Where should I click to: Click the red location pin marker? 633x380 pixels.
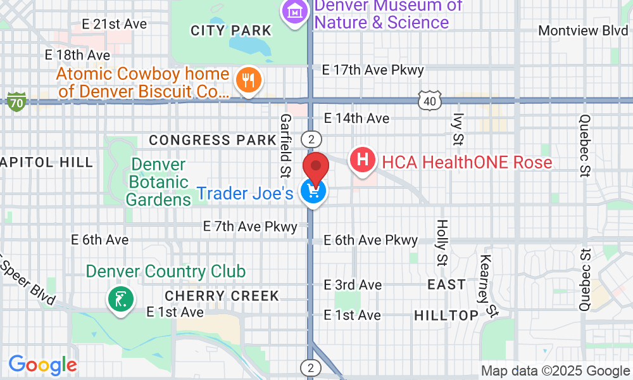[x=316, y=168]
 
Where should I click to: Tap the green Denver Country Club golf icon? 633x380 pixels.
[x=120, y=298]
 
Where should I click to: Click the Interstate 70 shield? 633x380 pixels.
[x=16, y=101]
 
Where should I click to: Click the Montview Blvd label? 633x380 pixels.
[x=582, y=30]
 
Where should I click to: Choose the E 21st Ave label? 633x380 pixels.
[x=115, y=24]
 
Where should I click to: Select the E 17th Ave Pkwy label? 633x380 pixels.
[x=373, y=70]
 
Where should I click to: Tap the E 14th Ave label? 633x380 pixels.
[x=356, y=118]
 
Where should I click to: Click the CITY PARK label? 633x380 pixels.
[x=230, y=30]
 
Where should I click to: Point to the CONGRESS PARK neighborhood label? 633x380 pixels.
[x=208, y=140]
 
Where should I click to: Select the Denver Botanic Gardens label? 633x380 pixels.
[x=158, y=182]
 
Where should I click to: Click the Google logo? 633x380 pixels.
[x=42, y=365]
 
